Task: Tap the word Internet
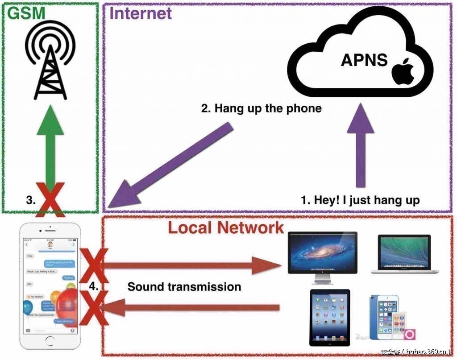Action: pyautogui.click(x=141, y=13)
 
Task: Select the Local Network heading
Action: pyautogui.click(x=226, y=228)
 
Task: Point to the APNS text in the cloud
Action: pyautogui.click(x=364, y=60)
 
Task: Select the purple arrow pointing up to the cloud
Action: pyautogui.click(x=360, y=147)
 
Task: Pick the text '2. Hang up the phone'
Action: pyautogui.click(x=261, y=108)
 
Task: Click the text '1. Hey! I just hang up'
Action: pyautogui.click(x=360, y=200)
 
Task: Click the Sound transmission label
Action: pyautogui.click(x=184, y=286)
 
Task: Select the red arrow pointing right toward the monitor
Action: pyautogui.click(x=192, y=266)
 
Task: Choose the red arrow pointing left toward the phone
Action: pyautogui.click(x=187, y=307)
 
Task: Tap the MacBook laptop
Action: pyautogui.click(x=404, y=254)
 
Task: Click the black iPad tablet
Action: pyautogui.click(x=330, y=317)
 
